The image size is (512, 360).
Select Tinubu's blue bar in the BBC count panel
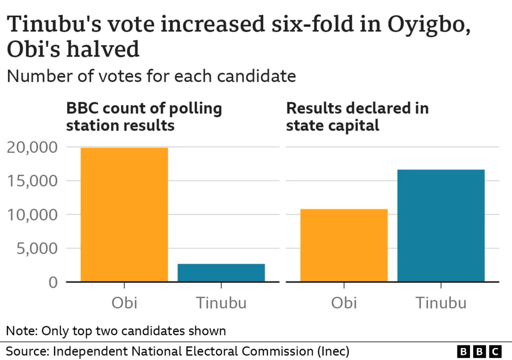coord(221,272)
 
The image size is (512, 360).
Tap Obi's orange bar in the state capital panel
coord(344,245)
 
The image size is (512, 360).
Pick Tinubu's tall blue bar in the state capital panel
coord(441,225)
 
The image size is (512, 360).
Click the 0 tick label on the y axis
coord(52,282)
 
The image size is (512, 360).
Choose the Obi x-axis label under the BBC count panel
coord(124,303)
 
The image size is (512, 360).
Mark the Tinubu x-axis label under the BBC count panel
coord(221,303)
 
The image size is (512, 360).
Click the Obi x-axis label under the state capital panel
coord(344,303)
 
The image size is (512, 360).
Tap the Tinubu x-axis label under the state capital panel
coord(441,303)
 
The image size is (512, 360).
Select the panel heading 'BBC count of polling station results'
coord(144,117)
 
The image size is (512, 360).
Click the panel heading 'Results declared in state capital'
coord(357,117)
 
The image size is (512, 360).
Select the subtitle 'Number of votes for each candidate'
coord(151,76)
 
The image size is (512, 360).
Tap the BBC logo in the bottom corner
coord(479,351)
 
